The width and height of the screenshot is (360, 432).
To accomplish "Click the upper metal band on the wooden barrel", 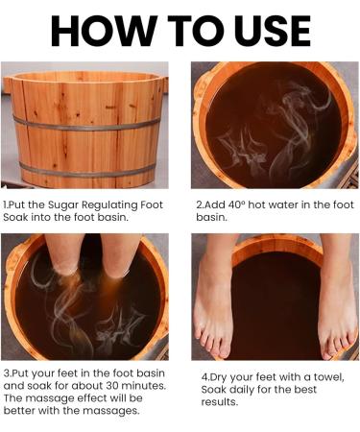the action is click(86, 125).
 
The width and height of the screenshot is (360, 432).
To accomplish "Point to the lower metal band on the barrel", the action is click(87, 171).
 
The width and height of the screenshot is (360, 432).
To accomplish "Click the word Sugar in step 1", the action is click(63, 205).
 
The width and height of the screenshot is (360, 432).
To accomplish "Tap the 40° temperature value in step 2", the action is click(237, 204).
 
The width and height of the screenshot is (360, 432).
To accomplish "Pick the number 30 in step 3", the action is click(112, 386).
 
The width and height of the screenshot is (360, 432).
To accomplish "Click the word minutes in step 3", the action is click(143, 386).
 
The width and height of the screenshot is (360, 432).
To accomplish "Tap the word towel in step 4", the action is click(329, 377).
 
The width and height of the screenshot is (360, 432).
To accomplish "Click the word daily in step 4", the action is click(242, 390).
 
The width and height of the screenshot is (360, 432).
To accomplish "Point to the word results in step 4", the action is click(220, 402).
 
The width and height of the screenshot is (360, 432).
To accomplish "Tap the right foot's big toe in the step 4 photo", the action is click(326, 351).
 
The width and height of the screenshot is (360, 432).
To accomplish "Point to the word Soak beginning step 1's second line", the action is click(16, 217).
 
